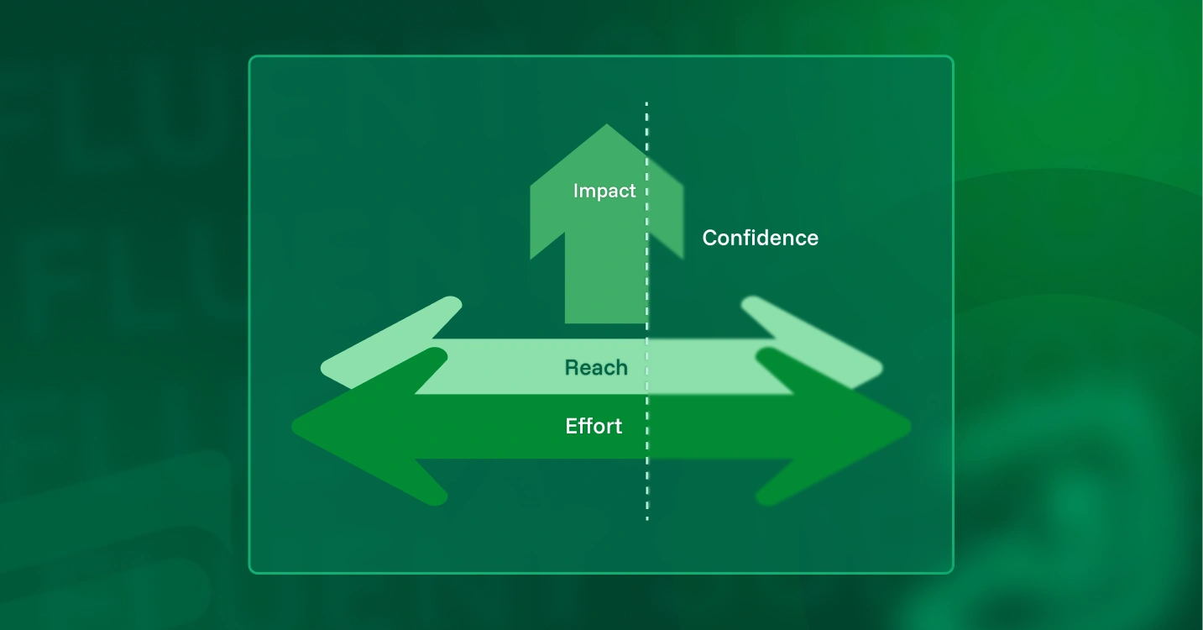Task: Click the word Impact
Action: (x=604, y=191)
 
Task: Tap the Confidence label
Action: (x=760, y=238)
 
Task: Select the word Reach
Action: (x=596, y=368)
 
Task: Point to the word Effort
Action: (x=594, y=426)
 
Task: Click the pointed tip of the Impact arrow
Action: (x=607, y=124)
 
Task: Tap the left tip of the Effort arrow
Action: (x=292, y=427)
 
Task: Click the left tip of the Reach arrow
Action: (x=322, y=368)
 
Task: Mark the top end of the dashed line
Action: (x=646, y=102)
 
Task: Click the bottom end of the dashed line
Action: (x=647, y=520)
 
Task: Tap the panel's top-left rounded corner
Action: (x=251, y=58)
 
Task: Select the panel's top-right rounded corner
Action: (x=951, y=58)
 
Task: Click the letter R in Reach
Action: (x=572, y=368)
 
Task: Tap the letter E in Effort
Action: (x=572, y=426)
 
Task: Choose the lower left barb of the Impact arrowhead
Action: (x=531, y=259)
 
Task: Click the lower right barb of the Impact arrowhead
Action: (x=683, y=259)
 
